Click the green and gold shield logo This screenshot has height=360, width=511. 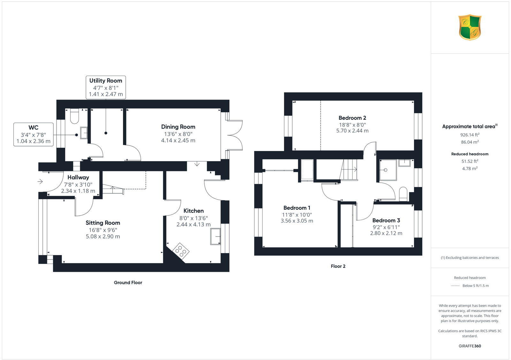[x=470, y=27]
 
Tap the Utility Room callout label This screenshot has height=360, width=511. [x=106, y=87]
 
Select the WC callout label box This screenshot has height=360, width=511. [x=33, y=134]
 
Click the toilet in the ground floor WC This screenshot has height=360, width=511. [x=74, y=116]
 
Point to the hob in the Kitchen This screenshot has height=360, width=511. [x=181, y=250]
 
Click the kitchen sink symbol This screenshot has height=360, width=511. [x=216, y=236]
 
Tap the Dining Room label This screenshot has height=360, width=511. [x=178, y=127]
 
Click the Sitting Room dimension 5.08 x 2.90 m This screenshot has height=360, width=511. [x=103, y=236]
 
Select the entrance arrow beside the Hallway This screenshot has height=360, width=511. [x=40, y=182]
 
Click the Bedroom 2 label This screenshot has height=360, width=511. [x=352, y=118]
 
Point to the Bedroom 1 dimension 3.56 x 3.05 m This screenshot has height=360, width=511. [x=297, y=221]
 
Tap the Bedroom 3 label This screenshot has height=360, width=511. [x=386, y=220]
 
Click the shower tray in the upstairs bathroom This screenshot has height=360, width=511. [x=388, y=170]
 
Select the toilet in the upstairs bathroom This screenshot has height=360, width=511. [x=403, y=194]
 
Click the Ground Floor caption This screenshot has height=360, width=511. [x=128, y=282]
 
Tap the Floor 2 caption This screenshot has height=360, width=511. [x=338, y=266]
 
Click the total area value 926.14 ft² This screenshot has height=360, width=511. [x=469, y=135]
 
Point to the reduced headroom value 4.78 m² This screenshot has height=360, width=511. [x=469, y=169]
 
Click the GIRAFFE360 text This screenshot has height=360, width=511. [x=469, y=346]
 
